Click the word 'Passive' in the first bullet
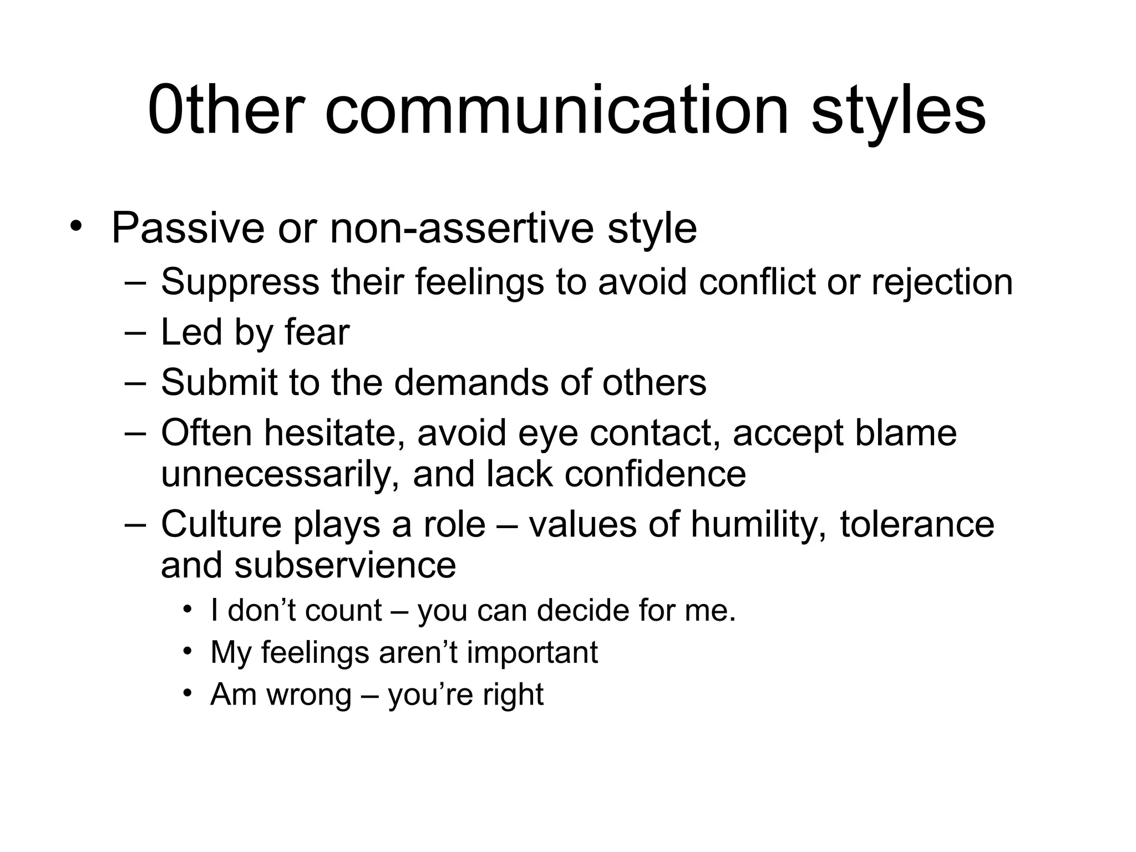pyautogui.click(x=187, y=228)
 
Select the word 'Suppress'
pyautogui.click(x=240, y=282)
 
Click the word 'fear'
pyautogui.click(x=317, y=332)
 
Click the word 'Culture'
pyautogui.click(x=221, y=524)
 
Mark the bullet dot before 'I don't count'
pyautogui.click(x=187, y=610)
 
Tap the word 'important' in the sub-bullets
pyautogui.click(x=532, y=652)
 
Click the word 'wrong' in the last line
pyautogui.click(x=309, y=694)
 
